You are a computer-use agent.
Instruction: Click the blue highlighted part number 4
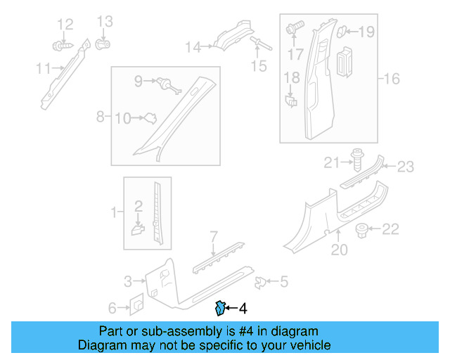pos(220,307)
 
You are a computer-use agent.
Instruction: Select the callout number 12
pos(65,25)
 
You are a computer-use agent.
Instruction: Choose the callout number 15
pos(259,66)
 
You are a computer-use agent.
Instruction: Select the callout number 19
pos(367,31)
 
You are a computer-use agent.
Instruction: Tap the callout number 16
pos(391,78)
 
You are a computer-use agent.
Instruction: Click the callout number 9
pos(139,81)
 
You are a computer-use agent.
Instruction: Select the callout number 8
pos(100,115)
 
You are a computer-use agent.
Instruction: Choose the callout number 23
pos(406,167)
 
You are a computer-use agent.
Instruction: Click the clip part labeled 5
pos(261,282)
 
